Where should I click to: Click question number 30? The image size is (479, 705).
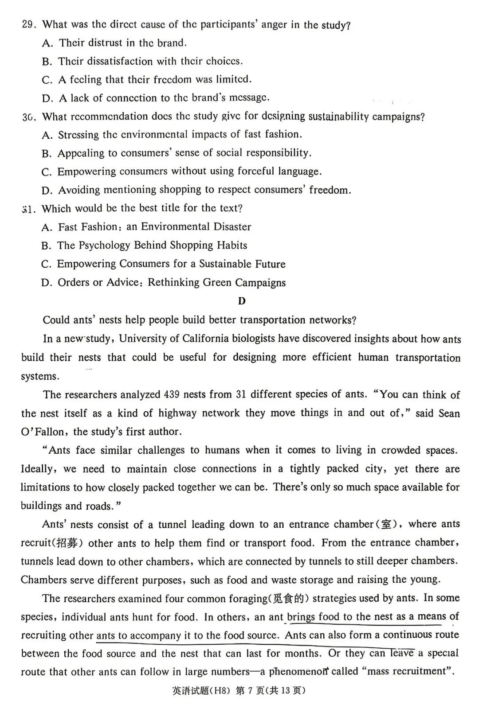28,117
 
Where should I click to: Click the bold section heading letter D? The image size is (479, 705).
242,301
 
